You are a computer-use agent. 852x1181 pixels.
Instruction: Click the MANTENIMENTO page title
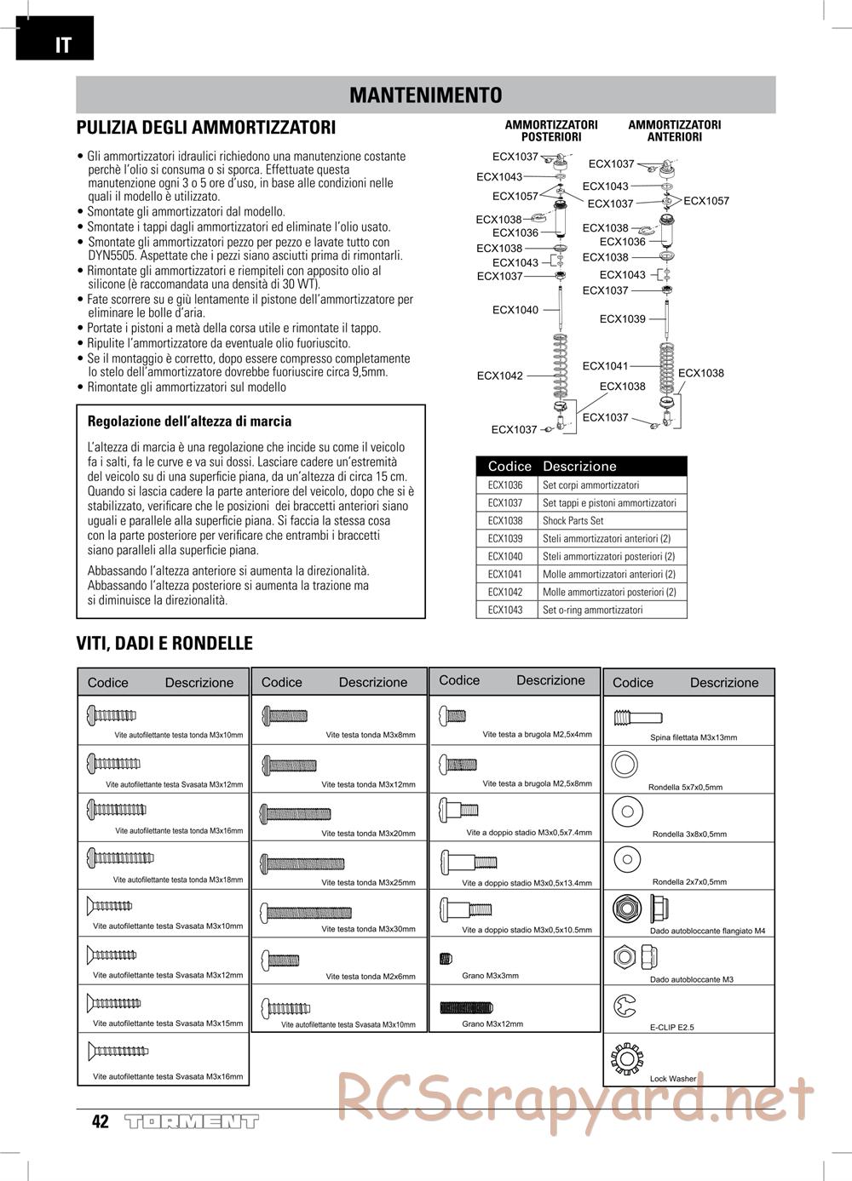click(425, 95)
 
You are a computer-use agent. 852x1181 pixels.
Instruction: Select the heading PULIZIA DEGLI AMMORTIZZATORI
click(206, 128)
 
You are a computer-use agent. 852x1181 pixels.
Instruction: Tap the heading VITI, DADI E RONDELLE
click(164, 643)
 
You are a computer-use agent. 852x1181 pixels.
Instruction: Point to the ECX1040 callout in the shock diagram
click(515, 310)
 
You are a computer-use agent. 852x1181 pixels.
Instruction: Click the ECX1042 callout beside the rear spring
click(499, 376)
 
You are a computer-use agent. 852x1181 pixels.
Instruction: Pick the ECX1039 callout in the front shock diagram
click(622, 319)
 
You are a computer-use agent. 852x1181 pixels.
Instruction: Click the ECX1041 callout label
click(605, 366)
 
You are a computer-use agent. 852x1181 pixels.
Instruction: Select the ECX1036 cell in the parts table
click(505, 485)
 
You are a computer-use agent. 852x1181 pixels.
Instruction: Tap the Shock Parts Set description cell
click(573, 521)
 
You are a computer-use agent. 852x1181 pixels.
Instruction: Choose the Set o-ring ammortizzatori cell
click(592, 611)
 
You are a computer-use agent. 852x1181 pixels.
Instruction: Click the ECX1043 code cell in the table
click(505, 611)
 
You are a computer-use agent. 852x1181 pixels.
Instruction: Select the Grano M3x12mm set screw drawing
click(466, 1008)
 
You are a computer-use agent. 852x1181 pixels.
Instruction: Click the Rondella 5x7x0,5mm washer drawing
click(624, 764)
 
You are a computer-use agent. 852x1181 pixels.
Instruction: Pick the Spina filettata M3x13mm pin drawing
click(636, 717)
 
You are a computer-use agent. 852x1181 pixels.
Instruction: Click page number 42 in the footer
click(101, 1121)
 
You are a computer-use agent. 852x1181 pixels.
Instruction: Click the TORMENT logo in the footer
click(191, 1121)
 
